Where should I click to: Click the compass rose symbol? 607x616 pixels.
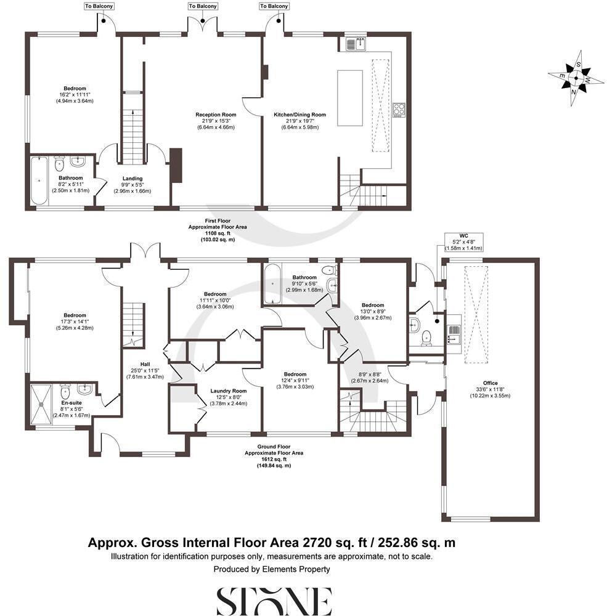(576, 78)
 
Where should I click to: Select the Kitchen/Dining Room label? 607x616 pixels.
(299, 115)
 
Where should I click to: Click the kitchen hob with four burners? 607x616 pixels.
(399, 110)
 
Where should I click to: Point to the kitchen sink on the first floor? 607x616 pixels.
(356, 44)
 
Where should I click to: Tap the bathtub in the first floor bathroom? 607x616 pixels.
(38, 181)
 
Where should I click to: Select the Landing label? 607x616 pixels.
(132, 179)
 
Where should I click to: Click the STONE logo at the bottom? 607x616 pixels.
(274, 601)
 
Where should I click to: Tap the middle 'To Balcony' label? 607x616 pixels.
(203, 6)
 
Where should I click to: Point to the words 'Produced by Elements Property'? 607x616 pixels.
(272, 569)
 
